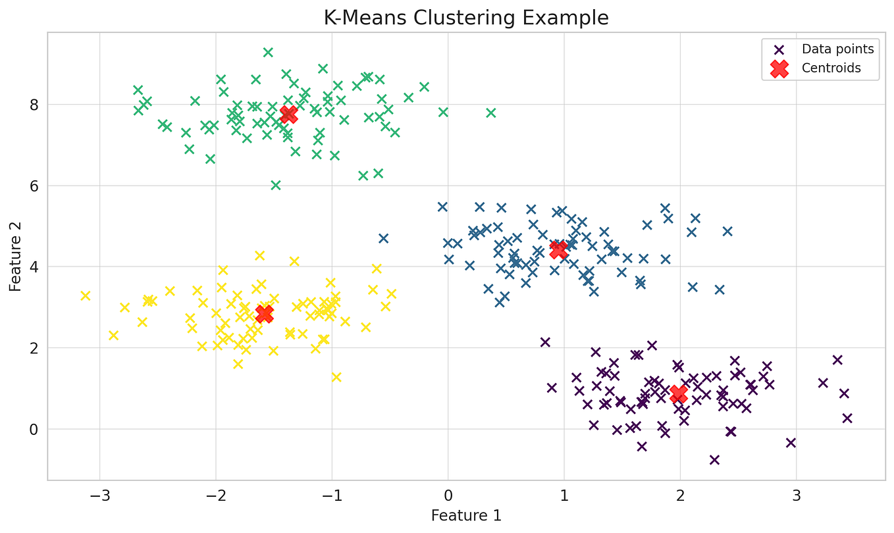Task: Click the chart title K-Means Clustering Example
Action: [x=466, y=18]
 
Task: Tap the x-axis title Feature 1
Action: [x=466, y=516]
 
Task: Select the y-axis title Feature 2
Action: [x=15, y=256]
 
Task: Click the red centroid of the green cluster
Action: [x=288, y=114]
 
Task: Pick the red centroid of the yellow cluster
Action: [x=264, y=314]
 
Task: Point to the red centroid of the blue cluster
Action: [x=558, y=249]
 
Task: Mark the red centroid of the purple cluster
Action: [x=678, y=393]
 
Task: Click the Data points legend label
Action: [x=837, y=49]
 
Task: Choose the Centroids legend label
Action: [x=831, y=68]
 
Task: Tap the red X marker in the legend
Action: [x=779, y=68]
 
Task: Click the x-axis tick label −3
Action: [x=99, y=494]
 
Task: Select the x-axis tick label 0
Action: [x=448, y=494]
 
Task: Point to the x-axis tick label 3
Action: [x=796, y=494]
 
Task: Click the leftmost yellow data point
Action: [x=85, y=295]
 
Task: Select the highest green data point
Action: [x=268, y=53]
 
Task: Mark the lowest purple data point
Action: [x=714, y=459]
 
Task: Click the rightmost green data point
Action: [x=490, y=113]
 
